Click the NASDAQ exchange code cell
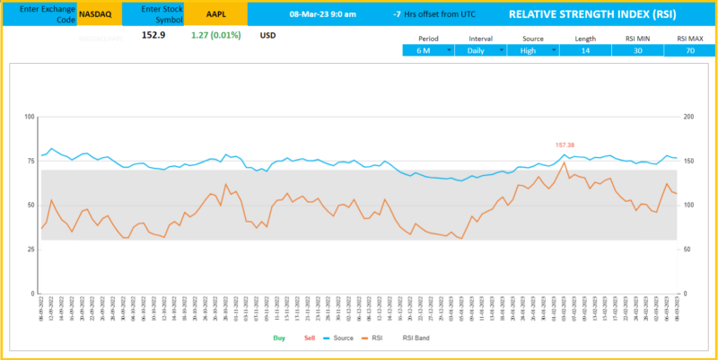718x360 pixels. [95, 14]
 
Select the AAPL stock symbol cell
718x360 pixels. [215, 14]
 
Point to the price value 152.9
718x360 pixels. [153, 36]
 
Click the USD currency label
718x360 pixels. [267, 36]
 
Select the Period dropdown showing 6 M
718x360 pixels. [428, 51]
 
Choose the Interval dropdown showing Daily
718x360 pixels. [480, 51]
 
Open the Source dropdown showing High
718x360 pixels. [532, 51]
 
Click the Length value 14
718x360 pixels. [584, 51]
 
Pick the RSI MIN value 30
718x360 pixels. [636, 51]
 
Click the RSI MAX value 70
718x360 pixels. [689, 51]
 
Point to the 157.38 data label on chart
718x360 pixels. [565, 144]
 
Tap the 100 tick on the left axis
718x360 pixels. [28, 118]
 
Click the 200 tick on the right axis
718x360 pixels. [689, 118]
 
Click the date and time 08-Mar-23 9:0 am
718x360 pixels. [323, 14]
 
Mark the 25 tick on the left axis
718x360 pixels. [30, 249]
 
